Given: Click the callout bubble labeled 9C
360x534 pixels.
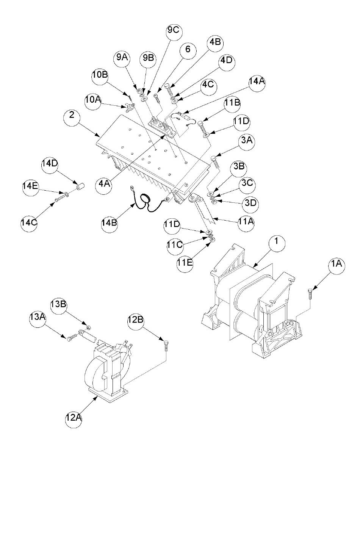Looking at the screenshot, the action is click(174, 31).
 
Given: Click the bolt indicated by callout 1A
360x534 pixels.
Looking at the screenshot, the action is click(310, 294).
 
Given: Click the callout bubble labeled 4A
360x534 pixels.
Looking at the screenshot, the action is click(103, 185).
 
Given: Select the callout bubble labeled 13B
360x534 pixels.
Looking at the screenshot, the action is click(58, 305).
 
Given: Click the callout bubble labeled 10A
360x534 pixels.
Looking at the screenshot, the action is click(93, 101).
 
